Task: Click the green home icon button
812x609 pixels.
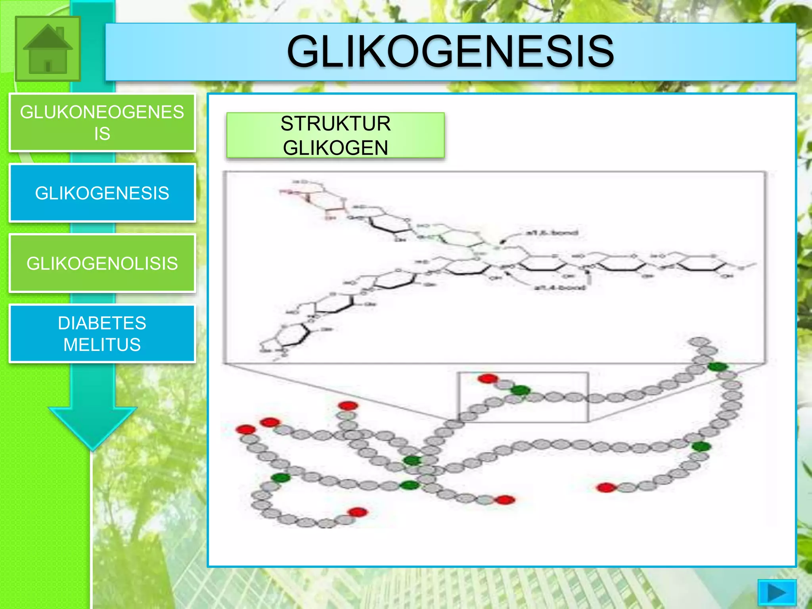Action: click(48, 49)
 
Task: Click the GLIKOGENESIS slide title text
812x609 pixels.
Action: click(450, 52)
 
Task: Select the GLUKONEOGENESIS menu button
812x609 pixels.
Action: click(102, 123)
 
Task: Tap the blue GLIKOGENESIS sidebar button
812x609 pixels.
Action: click(102, 193)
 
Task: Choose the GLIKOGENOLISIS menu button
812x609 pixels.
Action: click(102, 263)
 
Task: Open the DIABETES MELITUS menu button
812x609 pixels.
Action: click(102, 333)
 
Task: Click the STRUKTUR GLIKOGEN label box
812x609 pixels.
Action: click(335, 136)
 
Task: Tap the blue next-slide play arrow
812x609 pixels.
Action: click(776, 593)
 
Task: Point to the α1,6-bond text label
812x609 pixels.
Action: click(552, 233)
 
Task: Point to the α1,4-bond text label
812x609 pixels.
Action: click(559, 287)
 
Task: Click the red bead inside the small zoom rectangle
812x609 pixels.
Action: click(488, 378)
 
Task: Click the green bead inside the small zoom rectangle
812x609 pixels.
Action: click(520, 390)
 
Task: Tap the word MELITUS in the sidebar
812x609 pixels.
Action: click(102, 345)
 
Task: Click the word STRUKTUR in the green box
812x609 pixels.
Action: click(335, 124)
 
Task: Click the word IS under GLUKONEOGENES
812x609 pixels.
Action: click(102, 134)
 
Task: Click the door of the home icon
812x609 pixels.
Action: click(48, 66)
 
